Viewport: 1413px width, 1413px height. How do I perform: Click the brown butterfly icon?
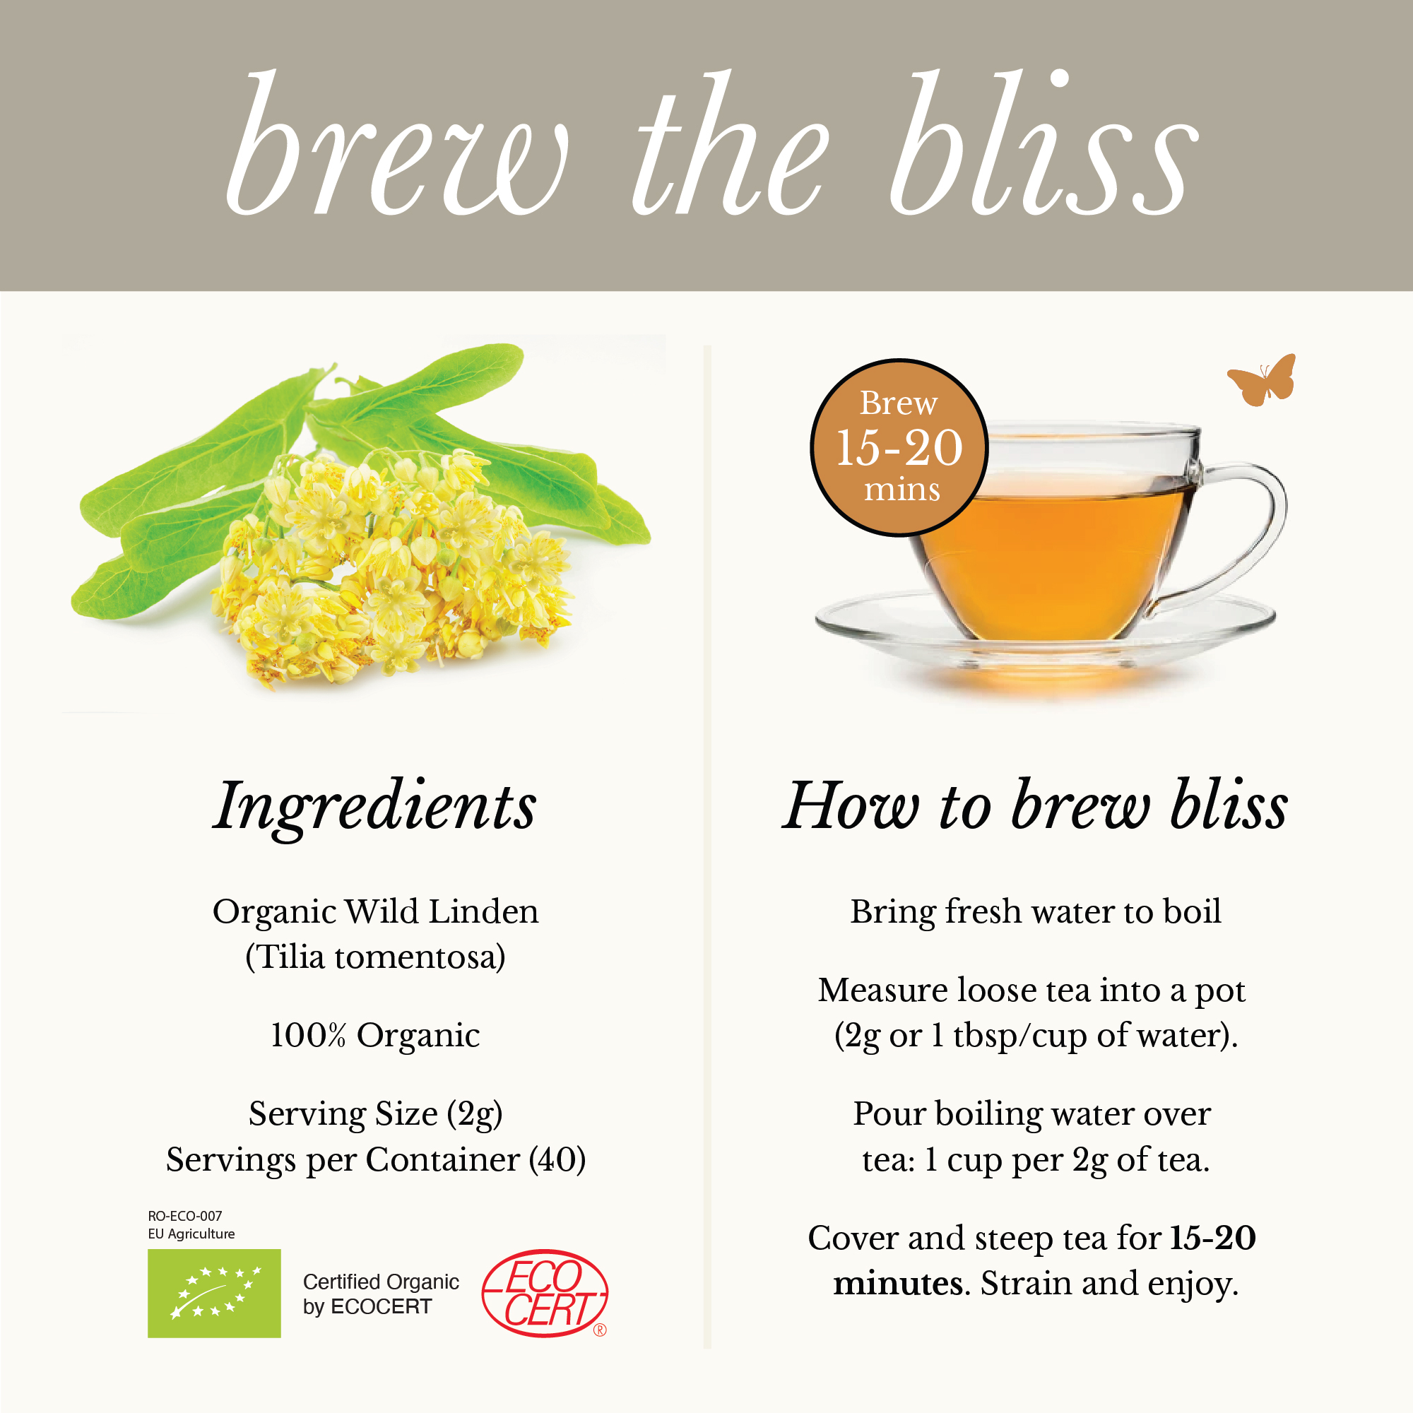point(1262,380)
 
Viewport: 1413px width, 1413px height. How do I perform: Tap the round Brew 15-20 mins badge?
point(899,448)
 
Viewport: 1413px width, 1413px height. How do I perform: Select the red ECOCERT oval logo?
point(545,1293)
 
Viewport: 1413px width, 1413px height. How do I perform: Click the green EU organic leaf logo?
point(214,1293)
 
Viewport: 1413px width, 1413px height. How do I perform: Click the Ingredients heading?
point(374,807)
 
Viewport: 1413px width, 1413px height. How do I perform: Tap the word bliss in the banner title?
point(1044,143)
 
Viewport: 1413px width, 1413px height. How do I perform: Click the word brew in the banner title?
point(397,143)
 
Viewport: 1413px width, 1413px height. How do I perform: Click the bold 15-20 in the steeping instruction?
point(1213,1238)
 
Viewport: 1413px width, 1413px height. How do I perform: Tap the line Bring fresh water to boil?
point(1036,912)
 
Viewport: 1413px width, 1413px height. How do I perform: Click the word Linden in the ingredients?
point(483,912)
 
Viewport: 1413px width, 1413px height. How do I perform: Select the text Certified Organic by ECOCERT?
point(381,1294)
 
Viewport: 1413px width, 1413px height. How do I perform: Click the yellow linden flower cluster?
point(391,567)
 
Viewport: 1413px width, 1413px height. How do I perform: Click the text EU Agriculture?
point(191,1234)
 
